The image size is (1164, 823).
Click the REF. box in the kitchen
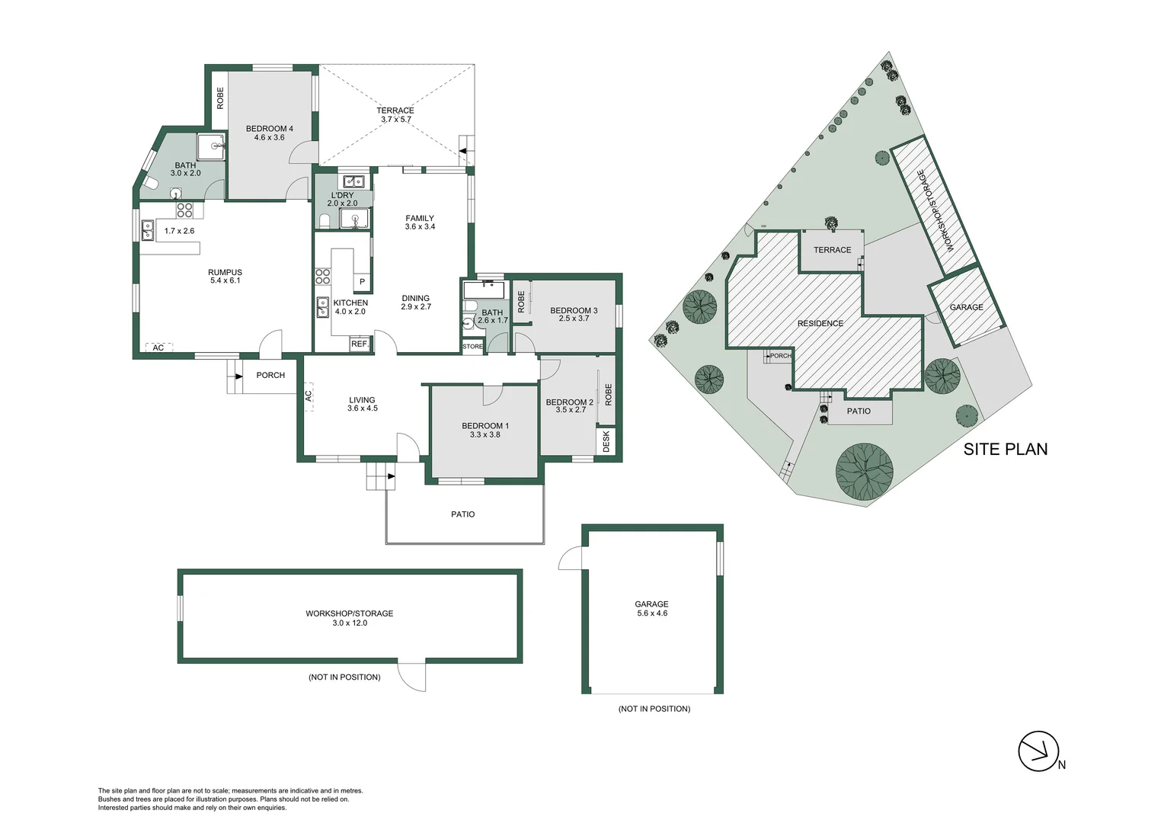pos(359,344)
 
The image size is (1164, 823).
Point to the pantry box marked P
pos(362,282)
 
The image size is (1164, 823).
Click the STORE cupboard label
pos(472,347)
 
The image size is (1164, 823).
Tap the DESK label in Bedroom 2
pos(606,441)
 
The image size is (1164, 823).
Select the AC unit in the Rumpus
pos(158,348)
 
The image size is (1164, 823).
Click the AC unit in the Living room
pos(309,395)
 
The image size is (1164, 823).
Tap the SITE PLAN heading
pos(1005,449)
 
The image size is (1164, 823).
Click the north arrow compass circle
pos(1038,751)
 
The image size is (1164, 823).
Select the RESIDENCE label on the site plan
pos(820,323)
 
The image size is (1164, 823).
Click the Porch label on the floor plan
pos(270,375)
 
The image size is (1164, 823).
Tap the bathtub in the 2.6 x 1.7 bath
pos(484,290)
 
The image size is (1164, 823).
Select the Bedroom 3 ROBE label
pos(521,302)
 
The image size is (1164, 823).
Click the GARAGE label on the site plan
pos(966,307)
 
